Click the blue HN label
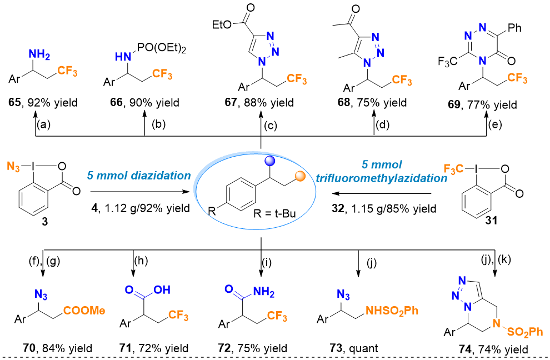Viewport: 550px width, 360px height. tap(123, 57)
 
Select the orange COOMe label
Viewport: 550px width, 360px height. tap(84, 311)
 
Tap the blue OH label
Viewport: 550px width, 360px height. tap(162, 290)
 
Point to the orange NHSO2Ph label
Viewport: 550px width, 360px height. tap(392, 311)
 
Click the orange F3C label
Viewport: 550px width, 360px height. tap(453, 169)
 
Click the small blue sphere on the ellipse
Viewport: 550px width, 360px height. tap(270, 161)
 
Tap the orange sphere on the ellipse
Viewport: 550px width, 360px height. tap(301, 176)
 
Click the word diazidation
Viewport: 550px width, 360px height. tap(161, 176)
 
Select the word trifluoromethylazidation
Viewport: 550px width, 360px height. tap(382, 178)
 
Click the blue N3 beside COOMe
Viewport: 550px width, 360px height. tap(41, 294)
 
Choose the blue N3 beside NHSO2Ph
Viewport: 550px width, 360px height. tap(343, 294)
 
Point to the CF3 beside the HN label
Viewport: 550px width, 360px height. tap(162, 74)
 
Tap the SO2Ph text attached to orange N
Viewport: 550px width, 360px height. tap(525, 332)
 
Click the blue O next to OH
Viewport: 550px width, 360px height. tap(129, 289)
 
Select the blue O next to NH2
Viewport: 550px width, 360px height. tap(228, 289)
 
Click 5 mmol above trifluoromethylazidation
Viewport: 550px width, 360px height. tap(382, 165)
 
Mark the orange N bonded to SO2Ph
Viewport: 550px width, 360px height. tap(497, 323)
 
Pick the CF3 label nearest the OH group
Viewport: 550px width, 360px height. tap(178, 316)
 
